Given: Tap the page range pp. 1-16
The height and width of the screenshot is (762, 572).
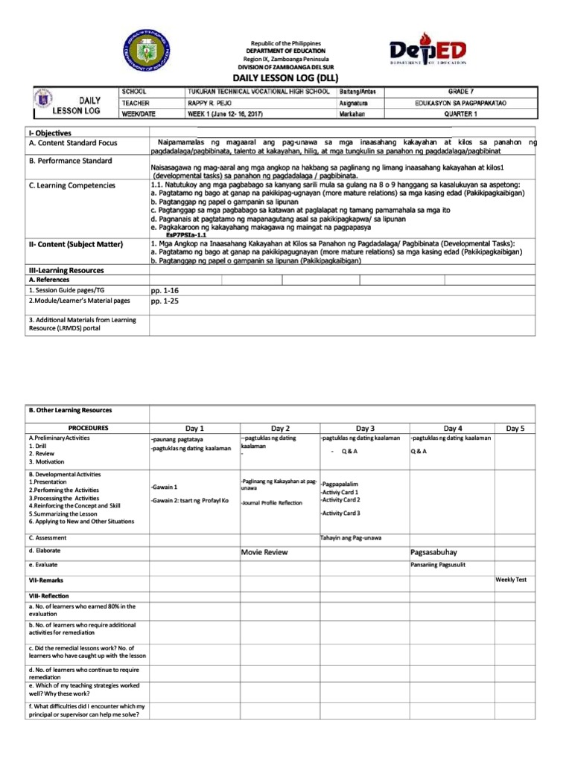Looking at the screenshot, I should (165, 291).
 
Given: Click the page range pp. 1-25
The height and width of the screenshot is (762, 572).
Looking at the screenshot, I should (165, 301).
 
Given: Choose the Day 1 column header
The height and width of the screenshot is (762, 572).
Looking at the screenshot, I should (194, 429).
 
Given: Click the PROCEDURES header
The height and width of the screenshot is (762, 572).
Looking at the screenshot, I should (88, 429).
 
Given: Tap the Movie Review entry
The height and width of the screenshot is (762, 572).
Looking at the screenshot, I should (264, 553).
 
